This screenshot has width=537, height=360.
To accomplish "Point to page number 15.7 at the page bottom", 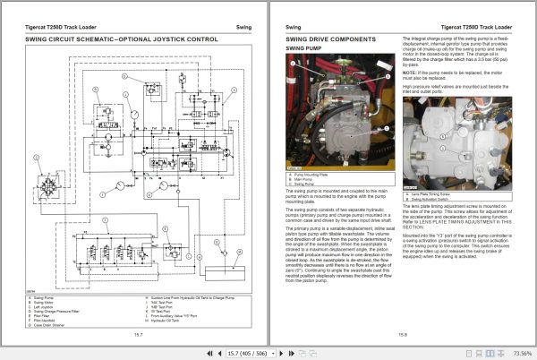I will [x=138, y=333].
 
